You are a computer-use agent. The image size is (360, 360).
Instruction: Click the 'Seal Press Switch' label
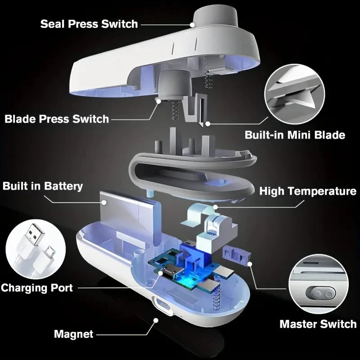click(89, 23)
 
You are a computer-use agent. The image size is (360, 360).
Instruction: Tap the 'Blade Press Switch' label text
click(57, 119)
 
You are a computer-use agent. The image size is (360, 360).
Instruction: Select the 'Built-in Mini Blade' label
click(295, 135)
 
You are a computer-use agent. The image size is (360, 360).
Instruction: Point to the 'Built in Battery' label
click(43, 186)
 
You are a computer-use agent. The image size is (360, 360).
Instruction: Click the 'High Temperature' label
click(308, 191)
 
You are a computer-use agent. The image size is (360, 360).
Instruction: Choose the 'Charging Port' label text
click(37, 287)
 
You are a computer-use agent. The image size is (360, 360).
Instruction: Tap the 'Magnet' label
click(74, 334)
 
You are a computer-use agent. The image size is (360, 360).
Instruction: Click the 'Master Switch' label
click(318, 324)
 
